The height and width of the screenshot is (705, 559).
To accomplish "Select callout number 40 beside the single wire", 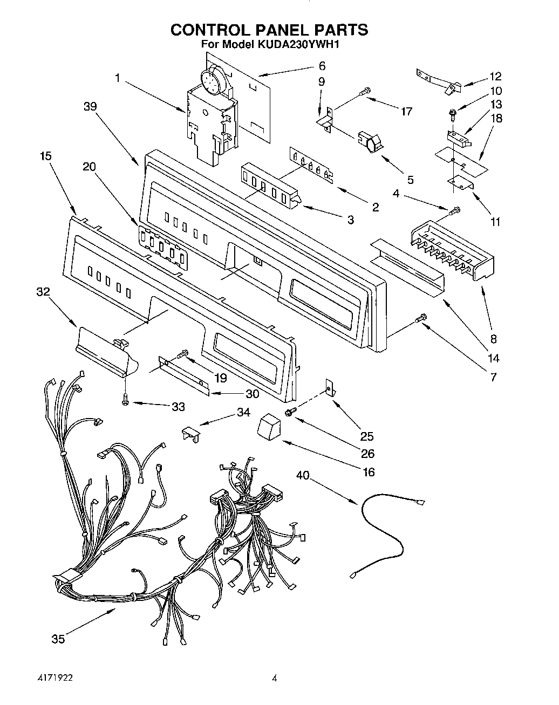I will (x=304, y=475).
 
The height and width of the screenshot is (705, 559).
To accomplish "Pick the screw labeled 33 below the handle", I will (x=125, y=400).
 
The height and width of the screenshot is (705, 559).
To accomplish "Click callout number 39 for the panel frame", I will (x=90, y=106).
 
